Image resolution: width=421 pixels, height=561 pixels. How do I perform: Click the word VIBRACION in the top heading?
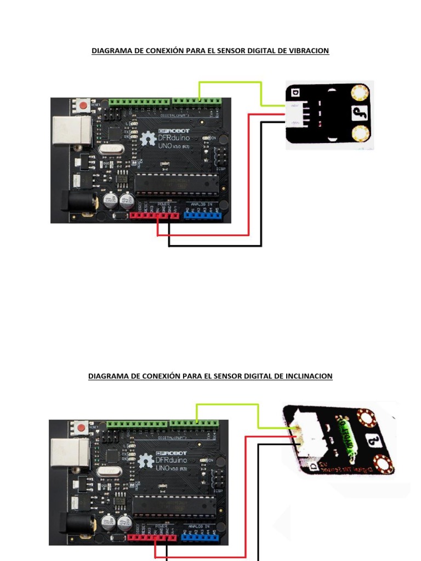(x=307, y=51)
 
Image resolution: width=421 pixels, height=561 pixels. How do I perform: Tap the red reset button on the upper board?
(x=83, y=105)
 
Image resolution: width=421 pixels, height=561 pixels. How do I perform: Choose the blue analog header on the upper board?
(x=203, y=215)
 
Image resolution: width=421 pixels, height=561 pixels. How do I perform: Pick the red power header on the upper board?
(x=155, y=215)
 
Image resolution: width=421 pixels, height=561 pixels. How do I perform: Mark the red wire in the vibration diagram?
(x=249, y=175)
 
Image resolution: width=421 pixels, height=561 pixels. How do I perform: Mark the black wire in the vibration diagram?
(x=261, y=186)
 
